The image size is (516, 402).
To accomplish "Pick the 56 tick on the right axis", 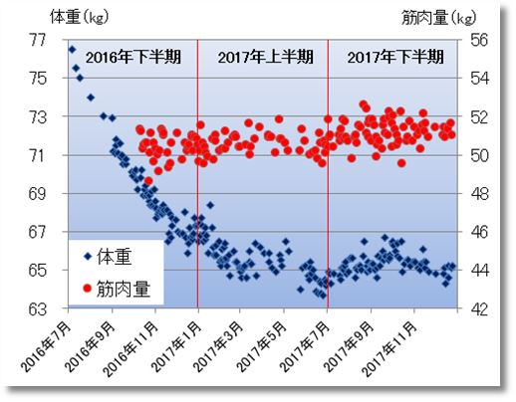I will (476, 40).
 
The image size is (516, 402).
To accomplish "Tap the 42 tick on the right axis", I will (476, 308).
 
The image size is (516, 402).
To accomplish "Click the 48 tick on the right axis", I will (476, 193).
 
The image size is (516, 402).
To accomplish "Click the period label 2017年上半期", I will (262, 57).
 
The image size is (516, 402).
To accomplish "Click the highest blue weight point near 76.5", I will (72, 49).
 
